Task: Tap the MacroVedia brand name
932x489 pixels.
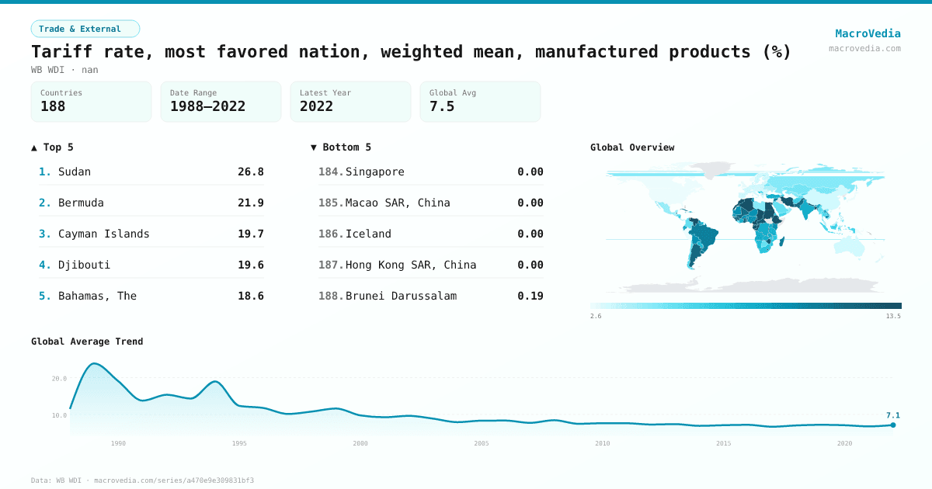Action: pyautogui.click(x=868, y=33)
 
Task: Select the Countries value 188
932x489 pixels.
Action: pyautogui.click(x=53, y=106)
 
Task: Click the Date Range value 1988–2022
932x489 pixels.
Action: pyautogui.click(x=207, y=106)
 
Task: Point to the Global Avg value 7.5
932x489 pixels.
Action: pyautogui.click(x=442, y=106)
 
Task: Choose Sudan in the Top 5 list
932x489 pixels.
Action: pyautogui.click(x=75, y=172)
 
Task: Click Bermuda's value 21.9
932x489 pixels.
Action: pyautogui.click(x=250, y=203)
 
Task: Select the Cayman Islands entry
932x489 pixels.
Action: pyautogui.click(x=103, y=234)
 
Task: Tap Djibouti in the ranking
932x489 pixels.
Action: pyautogui.click(x=84, y=265)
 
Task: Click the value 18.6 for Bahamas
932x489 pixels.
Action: pyautogui.click(x=250, y=296)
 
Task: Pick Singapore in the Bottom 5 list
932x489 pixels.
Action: pyautogui.click(x=374, y=172)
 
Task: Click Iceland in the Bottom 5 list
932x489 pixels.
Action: pyautogui.click(x=368, y=234)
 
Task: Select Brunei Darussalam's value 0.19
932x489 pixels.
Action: pyautogui.click(x=530, y=296)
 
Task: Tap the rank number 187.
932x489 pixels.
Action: pyautogui.click(x=330, y=265)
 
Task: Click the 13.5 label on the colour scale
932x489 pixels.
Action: pyautogui.click(x=893, y=316)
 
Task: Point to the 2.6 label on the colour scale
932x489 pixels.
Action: pyautogui.click(x=596, y=316)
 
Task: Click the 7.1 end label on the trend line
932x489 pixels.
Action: pyautogui.click(x=892, y=415)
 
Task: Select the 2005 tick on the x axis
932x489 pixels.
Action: pyautogui.click(x=482, y=443)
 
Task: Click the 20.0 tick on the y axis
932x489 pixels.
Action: pyautogui.click(x=59, y=379)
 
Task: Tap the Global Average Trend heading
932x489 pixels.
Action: pyautogui.click(x=87, y=342)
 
